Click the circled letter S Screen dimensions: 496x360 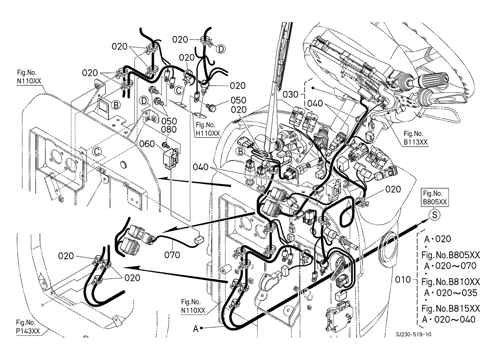[434, 215]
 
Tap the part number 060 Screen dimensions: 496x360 [147, 144]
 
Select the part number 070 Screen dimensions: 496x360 [172, 255]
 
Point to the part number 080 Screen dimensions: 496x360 [169, 129]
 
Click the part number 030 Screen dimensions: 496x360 [291, 95]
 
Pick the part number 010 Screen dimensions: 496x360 [403, 280]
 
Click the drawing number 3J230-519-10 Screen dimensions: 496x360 [414, 334]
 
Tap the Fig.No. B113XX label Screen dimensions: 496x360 [416, 138]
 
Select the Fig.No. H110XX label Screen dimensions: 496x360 [208, 129]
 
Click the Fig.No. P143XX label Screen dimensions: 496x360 [28, 327]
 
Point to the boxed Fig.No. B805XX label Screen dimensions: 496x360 [435, 197]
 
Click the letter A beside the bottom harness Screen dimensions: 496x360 [196, 329]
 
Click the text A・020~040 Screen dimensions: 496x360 [449, 319]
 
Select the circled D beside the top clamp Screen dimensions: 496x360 [221, 49]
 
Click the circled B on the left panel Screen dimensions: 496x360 [116, 105]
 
